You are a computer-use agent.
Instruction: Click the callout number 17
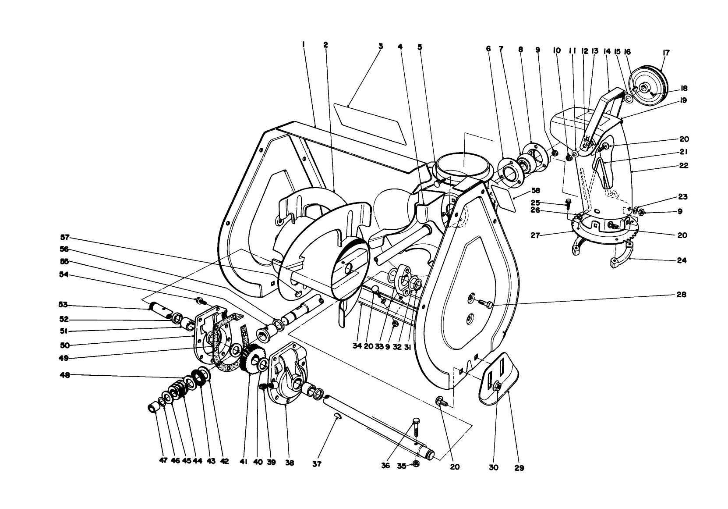click(666, 53)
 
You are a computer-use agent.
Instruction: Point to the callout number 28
click(682, 295)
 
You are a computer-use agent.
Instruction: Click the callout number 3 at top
click(381, 45)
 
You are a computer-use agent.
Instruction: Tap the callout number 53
click(64, 304)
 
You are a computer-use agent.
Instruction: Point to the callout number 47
click(163, 461)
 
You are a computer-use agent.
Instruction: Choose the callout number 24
click(681, 260)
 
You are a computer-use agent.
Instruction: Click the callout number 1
click(303, 44)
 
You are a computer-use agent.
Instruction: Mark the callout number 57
click(65, 237)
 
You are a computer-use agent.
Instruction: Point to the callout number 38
click(290, 462)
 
